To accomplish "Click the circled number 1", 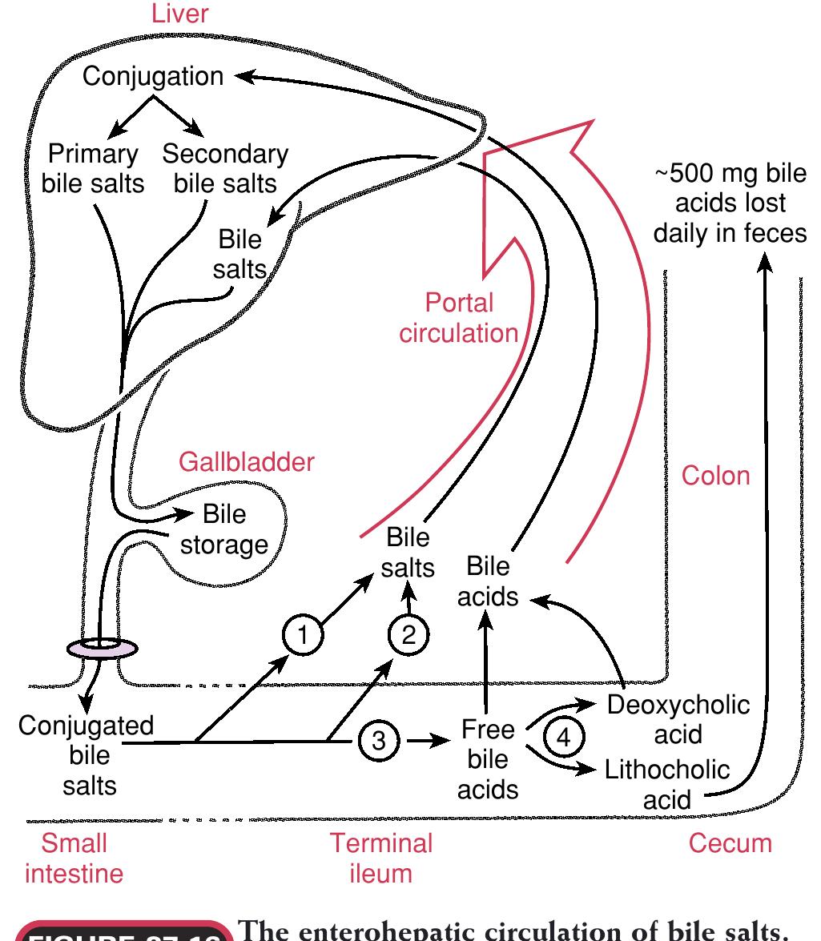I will [x=303, y=636].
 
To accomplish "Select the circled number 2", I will [x=409, y=636].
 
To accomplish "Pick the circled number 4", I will [x=564, y=737].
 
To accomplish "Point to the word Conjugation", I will [x=154, y=77].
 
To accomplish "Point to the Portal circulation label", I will [x=459, y=317].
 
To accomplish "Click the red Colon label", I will [x=715, y=475].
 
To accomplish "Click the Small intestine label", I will [x=74, y=857].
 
